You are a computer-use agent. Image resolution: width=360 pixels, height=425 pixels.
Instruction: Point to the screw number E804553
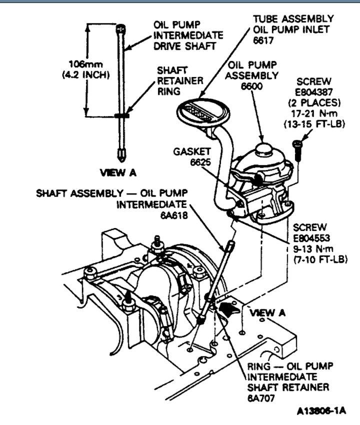pos(311,237)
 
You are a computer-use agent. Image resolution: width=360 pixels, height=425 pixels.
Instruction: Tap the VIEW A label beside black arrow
pos(267,312)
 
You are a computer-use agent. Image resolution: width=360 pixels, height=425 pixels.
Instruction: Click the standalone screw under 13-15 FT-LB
pos(298,149)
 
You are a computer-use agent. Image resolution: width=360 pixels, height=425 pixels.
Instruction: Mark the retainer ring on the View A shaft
pos(121,115)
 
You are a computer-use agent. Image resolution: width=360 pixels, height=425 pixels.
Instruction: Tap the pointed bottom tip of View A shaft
pos(121,155)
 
